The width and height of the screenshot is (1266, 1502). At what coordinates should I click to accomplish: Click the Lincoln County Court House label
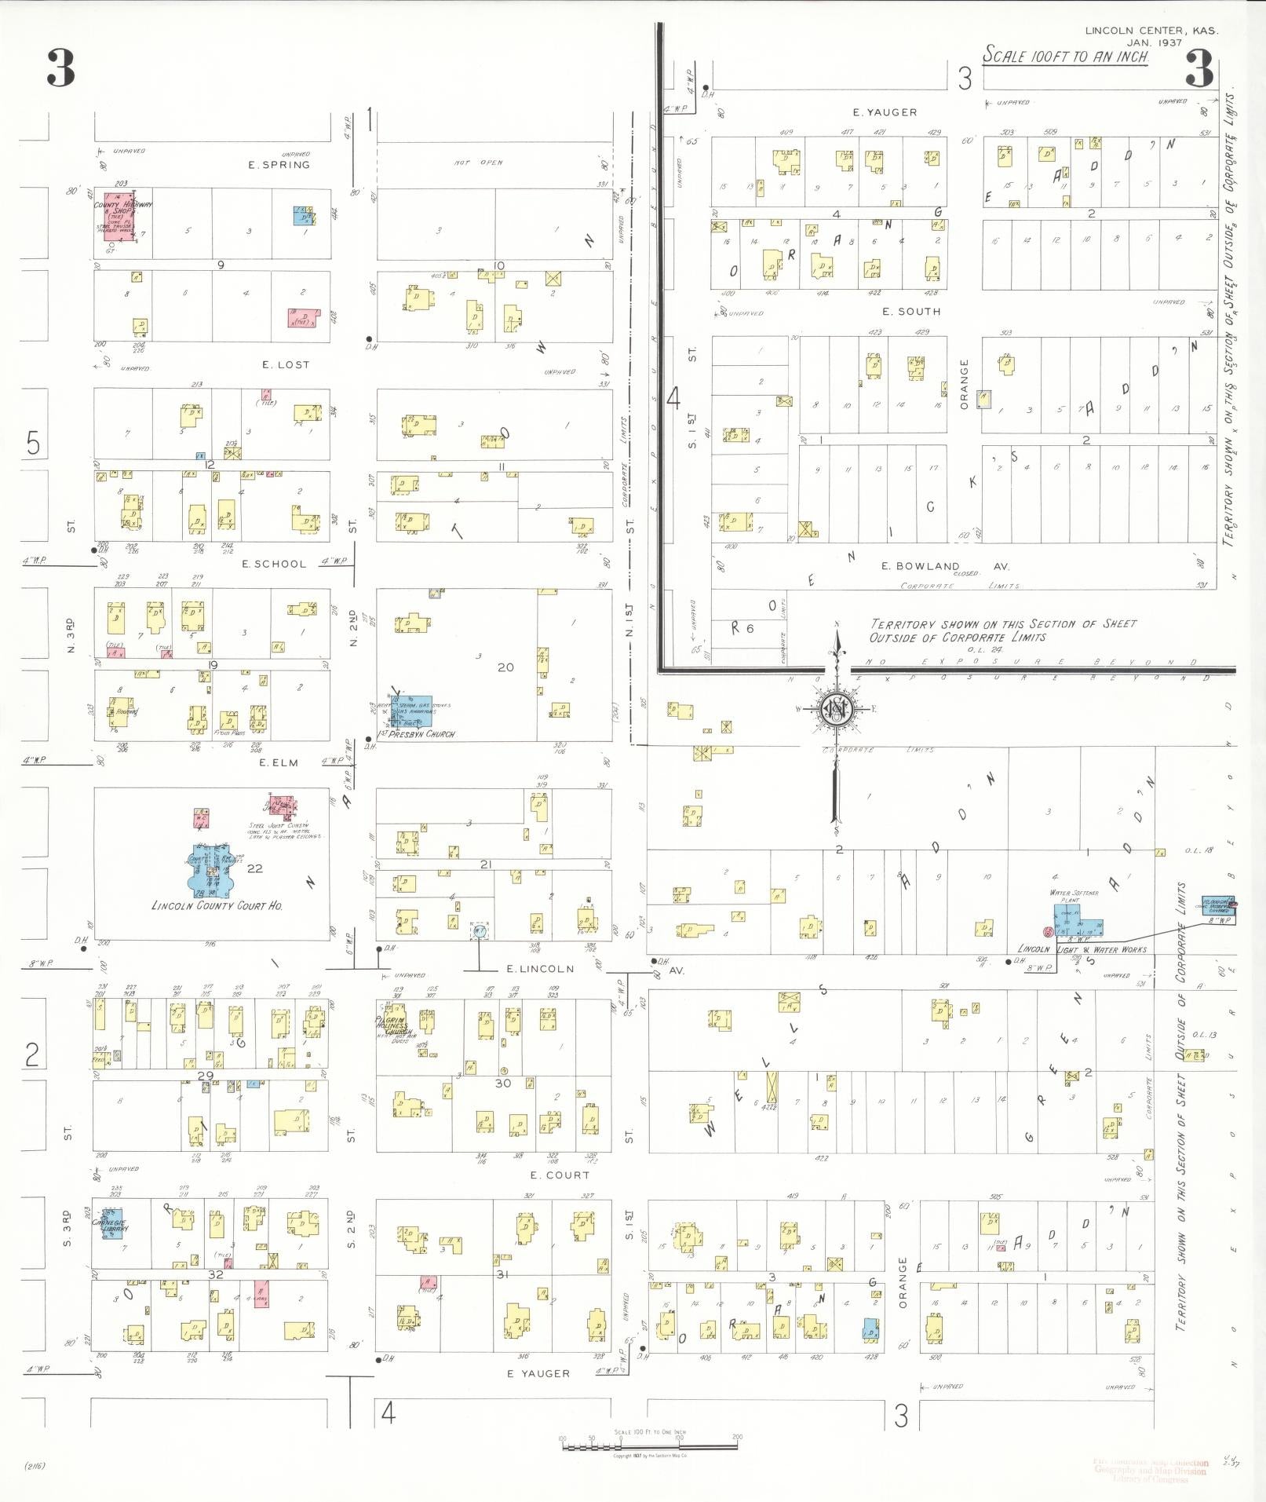click(x=217, y=905)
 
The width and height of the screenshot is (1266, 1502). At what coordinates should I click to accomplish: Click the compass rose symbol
click(x=837, y=710)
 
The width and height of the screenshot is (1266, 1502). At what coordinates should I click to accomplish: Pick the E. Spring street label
click(x=279, y=165)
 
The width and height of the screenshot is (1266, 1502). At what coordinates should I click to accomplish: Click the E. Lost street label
click(x=286, y=364)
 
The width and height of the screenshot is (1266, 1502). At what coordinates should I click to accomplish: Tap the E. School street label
click(x=274, y=564)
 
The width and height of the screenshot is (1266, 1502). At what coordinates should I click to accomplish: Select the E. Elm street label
click(x=279, y=762)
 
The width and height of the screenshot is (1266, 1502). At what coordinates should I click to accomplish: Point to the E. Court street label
click(x=560, y=1175)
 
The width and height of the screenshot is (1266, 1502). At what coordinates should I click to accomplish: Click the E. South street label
click(x=910, y=311)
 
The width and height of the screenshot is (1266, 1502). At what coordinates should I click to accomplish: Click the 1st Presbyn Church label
click(x=416, y=734)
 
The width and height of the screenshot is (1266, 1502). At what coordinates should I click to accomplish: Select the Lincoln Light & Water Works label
click(x=1082, y=949)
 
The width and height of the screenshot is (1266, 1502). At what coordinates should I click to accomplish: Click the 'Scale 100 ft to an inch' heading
click(x=1066, y=56)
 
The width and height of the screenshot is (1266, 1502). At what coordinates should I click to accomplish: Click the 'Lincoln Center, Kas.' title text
click(x=1151, y=31)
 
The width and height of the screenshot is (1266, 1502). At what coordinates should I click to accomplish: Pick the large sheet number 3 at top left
click(x=60, y=68)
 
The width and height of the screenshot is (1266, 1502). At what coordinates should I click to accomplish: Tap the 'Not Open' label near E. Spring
click(x=478, y=163)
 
